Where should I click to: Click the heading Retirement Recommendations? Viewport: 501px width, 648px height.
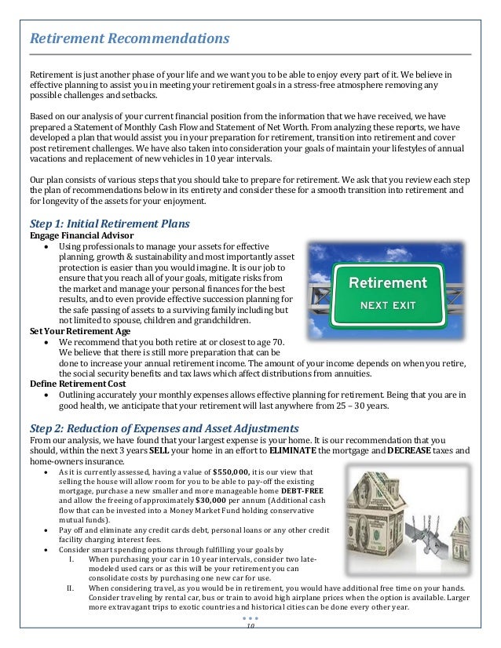tap(130, 38)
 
